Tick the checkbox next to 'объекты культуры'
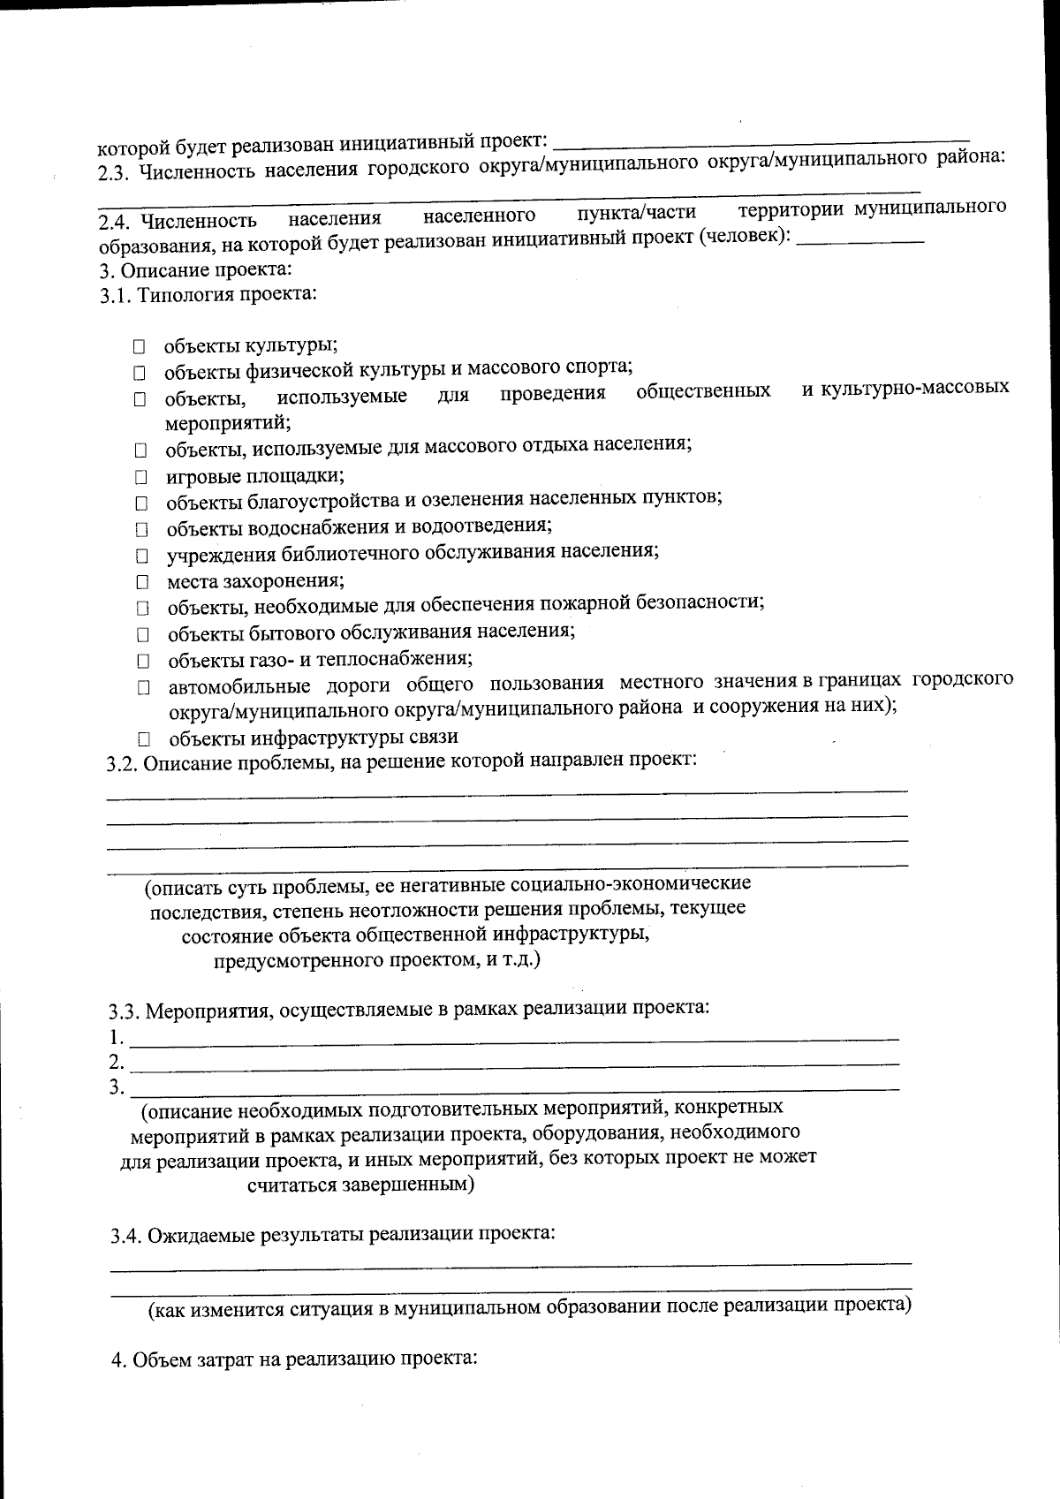140,347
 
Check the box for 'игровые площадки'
140,479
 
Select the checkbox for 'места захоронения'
141,583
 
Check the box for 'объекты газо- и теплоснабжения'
142,661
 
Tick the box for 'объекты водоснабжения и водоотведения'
141,531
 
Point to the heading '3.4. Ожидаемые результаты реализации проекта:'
333,1234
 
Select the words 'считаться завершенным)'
360,1185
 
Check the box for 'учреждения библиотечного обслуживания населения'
141,557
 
